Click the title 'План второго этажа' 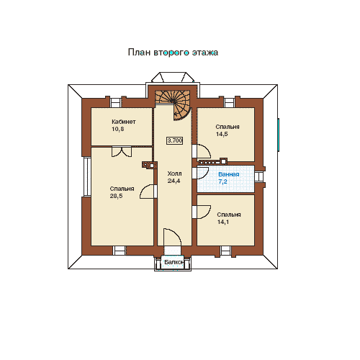173,53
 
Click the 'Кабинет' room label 124,122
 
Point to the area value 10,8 117,129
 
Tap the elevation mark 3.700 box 175,140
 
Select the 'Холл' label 174,174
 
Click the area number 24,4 174,181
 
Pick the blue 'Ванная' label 229,174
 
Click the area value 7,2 222,181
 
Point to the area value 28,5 116,196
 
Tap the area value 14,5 222,134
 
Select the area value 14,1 223,222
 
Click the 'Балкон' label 174,262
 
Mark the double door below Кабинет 122,152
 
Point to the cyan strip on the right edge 279,135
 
